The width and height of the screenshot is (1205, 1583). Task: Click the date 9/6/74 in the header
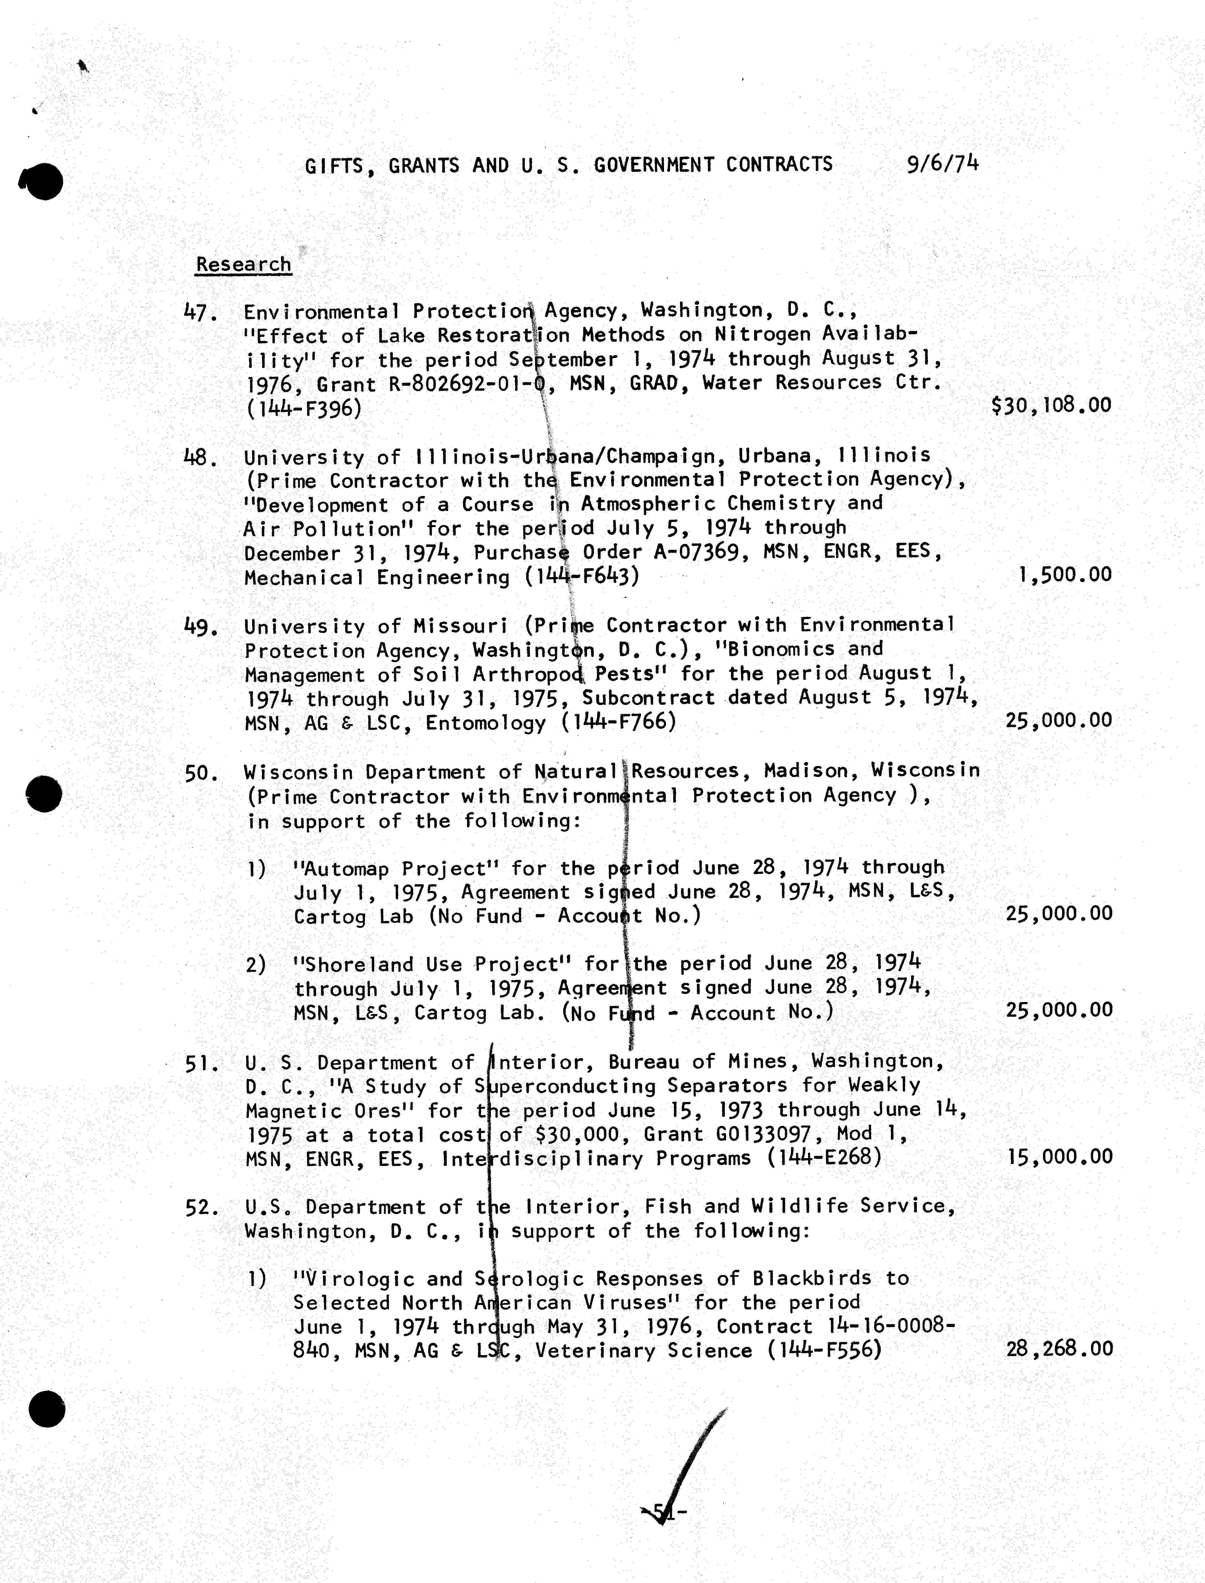[x=942, y=164]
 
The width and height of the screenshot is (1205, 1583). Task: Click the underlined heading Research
[x=244, y=265]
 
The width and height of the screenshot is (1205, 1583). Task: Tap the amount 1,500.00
[x=1064, y=574]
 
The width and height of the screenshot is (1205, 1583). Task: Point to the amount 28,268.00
[x=1059, y=1349]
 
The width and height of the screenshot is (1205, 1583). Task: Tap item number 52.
[x=201, y=1208]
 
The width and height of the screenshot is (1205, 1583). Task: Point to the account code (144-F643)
[x=581, y=577]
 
